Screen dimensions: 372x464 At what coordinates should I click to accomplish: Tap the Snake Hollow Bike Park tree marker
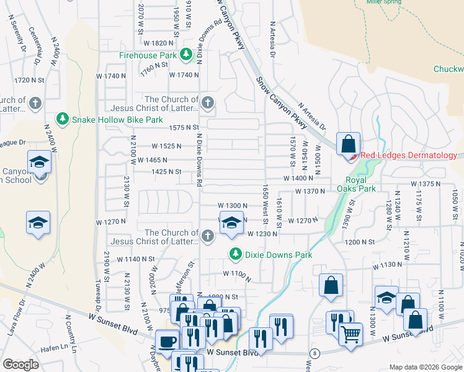point(62,118)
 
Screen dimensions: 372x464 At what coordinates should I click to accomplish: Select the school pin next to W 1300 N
point(231,223)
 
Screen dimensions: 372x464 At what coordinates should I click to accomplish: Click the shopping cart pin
point(350,334)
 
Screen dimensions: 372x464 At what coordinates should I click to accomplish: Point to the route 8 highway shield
point(315,353)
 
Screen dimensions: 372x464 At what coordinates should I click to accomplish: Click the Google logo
point(20,365)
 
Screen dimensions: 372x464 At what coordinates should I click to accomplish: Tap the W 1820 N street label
point(158,43)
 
